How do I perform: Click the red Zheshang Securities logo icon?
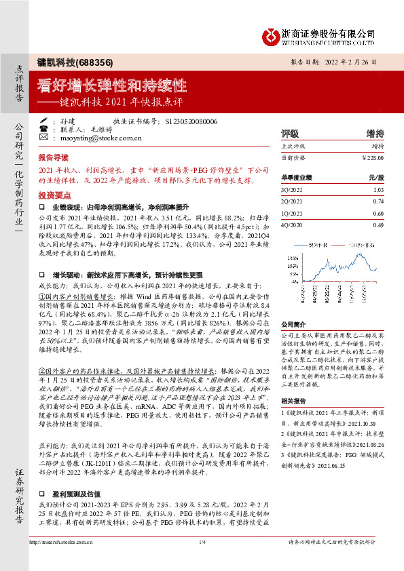pyautogui.click(x=271, y=33)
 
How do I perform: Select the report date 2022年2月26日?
pyautogui.click(x=359, y=61)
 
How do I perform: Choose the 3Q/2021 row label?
pyautogui.click(x=291, y=191)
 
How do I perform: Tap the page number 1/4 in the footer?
pyautogui.click(x=202, y=562)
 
